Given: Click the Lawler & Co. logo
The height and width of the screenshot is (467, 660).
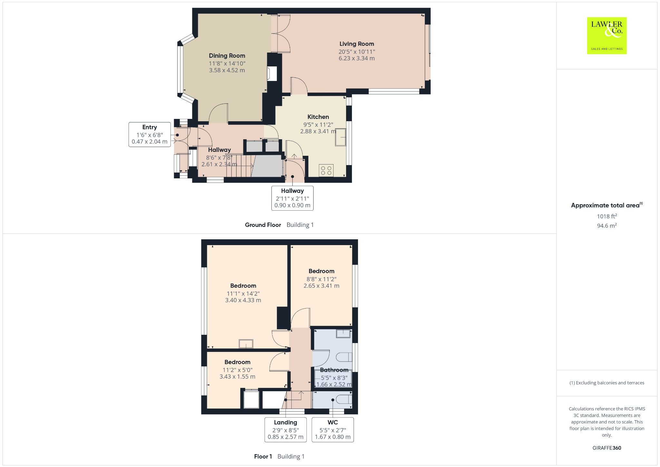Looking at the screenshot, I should point(607,35).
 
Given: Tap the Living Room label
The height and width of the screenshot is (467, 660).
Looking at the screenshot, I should point(356,44).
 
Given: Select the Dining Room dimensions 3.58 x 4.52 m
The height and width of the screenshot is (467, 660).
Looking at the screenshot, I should point(227,70).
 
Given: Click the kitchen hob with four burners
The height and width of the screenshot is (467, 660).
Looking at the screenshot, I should point(326,170).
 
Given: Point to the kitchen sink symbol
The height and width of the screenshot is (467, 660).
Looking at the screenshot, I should point(340,137).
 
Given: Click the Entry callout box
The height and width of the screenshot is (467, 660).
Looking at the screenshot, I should point(150,134).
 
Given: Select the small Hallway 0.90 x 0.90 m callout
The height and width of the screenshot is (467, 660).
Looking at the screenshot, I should point(292,198).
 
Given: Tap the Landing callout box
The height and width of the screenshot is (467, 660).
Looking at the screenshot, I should point(286,430).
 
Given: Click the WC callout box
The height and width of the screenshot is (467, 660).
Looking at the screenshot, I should point(333,430).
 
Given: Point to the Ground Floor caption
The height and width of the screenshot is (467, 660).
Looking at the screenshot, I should point(263,225).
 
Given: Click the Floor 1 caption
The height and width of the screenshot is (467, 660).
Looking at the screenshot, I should point(263,456).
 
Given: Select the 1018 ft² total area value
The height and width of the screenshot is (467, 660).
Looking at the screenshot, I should point(607,216).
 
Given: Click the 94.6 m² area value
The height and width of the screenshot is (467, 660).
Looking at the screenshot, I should point(607,225).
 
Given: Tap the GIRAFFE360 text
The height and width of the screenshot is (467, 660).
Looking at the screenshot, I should point(607,448).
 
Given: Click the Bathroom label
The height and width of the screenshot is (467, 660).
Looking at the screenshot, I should point(334,370).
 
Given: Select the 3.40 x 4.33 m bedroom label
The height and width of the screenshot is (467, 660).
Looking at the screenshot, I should point(243,300).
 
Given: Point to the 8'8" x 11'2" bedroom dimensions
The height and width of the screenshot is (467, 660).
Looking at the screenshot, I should point(321,279).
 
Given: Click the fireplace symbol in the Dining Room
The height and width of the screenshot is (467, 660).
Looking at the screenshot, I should point(272,73).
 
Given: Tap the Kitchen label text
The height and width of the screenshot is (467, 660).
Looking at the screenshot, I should point(318,117).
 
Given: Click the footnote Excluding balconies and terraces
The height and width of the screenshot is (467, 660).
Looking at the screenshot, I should point(607,383).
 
